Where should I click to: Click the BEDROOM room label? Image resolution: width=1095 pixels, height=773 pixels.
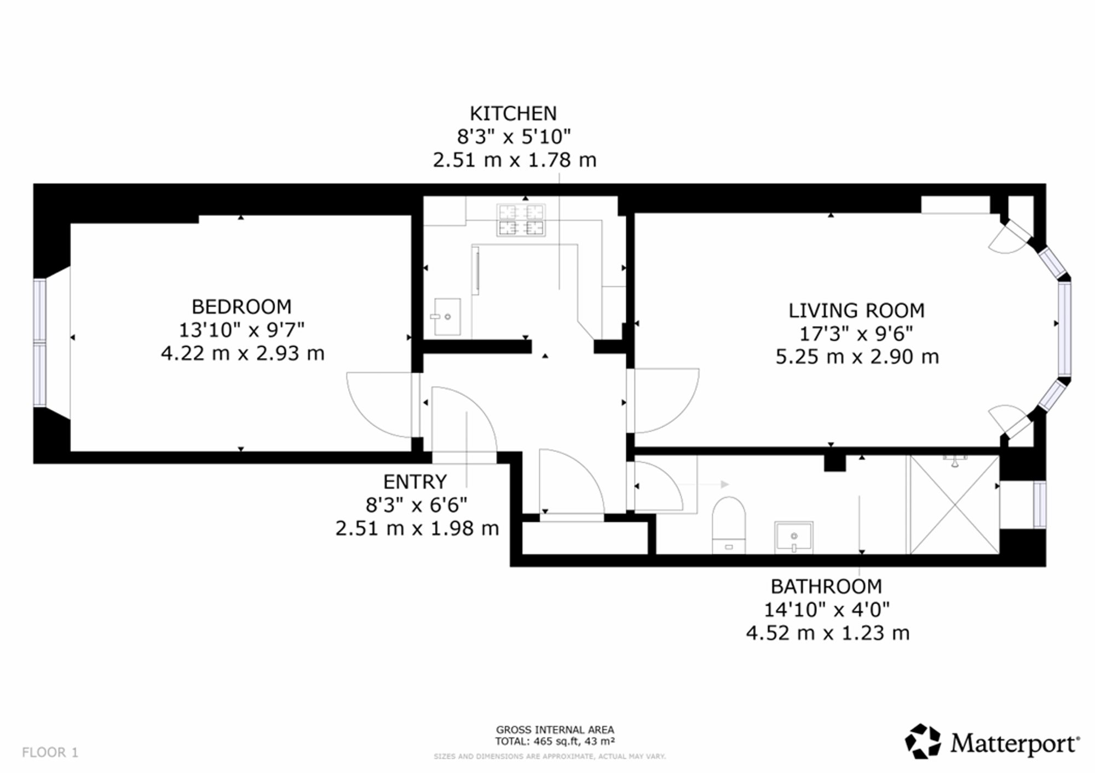(x=241, y=306)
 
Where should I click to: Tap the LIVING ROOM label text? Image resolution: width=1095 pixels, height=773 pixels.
(x=856, y=311)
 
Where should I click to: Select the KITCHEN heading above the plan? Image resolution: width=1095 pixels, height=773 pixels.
(x=513, y=113)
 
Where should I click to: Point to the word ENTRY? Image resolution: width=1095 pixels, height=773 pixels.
(x=415, y=482)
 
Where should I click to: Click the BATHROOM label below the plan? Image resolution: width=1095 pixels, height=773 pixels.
(x=826, y=586)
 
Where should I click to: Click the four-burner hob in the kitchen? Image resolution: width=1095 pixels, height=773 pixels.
(x=521, y=220)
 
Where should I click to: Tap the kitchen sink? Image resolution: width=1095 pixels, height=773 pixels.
(x=447, y=317)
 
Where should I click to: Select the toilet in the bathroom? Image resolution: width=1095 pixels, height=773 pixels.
(x=729, y=525)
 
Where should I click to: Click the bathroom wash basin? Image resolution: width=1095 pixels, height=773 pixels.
(x=793, y=537)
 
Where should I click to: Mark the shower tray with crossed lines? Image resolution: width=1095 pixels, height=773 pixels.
(x=954, y=504)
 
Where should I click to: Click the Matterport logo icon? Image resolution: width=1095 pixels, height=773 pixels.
(x=923, y=742)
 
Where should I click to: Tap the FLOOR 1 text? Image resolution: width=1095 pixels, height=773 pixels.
(x=50, y=752)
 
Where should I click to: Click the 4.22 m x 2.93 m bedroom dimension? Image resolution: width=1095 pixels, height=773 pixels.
(x=243, y=353)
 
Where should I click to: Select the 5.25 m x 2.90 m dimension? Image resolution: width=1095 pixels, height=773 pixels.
(x=857, y=357)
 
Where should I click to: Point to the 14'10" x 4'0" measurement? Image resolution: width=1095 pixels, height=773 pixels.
(x=827, y=609)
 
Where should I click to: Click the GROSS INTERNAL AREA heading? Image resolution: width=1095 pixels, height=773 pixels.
(x=555, y=730)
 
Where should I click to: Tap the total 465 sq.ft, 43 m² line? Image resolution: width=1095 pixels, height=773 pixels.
(x=555, y=742)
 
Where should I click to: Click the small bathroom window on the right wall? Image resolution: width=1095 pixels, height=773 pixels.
(x=1039, y=504)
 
